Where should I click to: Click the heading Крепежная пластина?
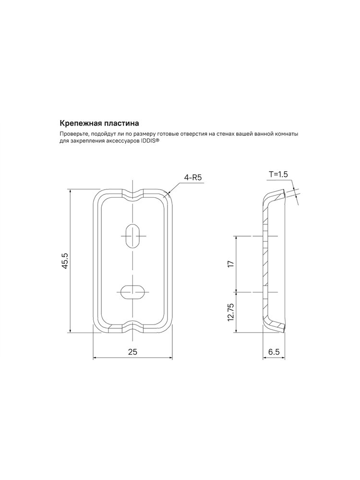[x=99, y=123]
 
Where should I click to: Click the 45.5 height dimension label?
[x=65, y=261]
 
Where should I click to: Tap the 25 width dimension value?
[x=132, y=352]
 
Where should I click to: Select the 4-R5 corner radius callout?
[x=193, y=178]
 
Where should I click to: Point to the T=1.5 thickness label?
[x=278, y=175]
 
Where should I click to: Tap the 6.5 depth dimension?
[x=274, y=352]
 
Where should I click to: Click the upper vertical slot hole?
[x=133, y=236]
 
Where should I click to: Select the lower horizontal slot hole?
[x=133, y=292]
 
